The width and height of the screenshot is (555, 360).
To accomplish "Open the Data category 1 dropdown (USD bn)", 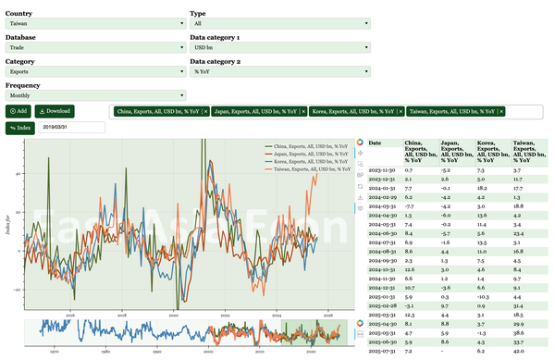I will click(280, 46).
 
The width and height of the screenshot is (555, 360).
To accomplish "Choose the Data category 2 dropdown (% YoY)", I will click(280, 70).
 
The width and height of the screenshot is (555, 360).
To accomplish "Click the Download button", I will click(54, 111).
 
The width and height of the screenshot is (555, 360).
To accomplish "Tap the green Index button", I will click(19, 128).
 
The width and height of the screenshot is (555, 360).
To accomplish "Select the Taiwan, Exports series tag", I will click(450, 111).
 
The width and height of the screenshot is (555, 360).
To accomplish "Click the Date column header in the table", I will click(376, 143).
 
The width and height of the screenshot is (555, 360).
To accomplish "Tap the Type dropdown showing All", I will click(280, 24).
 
